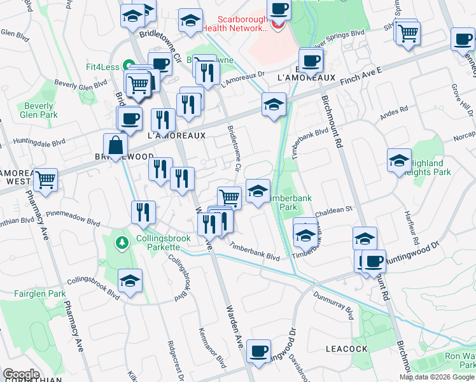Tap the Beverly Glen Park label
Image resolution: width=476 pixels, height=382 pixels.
pyautogui.click(x=39, y=110)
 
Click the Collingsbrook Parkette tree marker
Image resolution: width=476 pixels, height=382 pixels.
pyautogui.click(x=122, y=243)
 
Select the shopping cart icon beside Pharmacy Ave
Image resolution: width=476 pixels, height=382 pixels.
pyautogui.click(x=45, y=180)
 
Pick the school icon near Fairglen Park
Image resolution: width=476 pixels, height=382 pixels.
pyautogui.click(x=130, y=281)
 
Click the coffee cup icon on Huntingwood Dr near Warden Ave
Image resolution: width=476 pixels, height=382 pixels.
pyautogui.click(x=258, y=351)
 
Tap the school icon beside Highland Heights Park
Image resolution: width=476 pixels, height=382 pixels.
pyautogui.click(x=399, y=160)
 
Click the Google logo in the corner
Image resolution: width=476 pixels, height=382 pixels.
pyautogui.click(x=21, y=374)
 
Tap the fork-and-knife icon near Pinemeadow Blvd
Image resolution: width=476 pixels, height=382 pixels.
pyautogui.click(x=143, y=212)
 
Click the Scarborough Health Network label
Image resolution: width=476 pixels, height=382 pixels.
pyautogui.click(x=244, y=24)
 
